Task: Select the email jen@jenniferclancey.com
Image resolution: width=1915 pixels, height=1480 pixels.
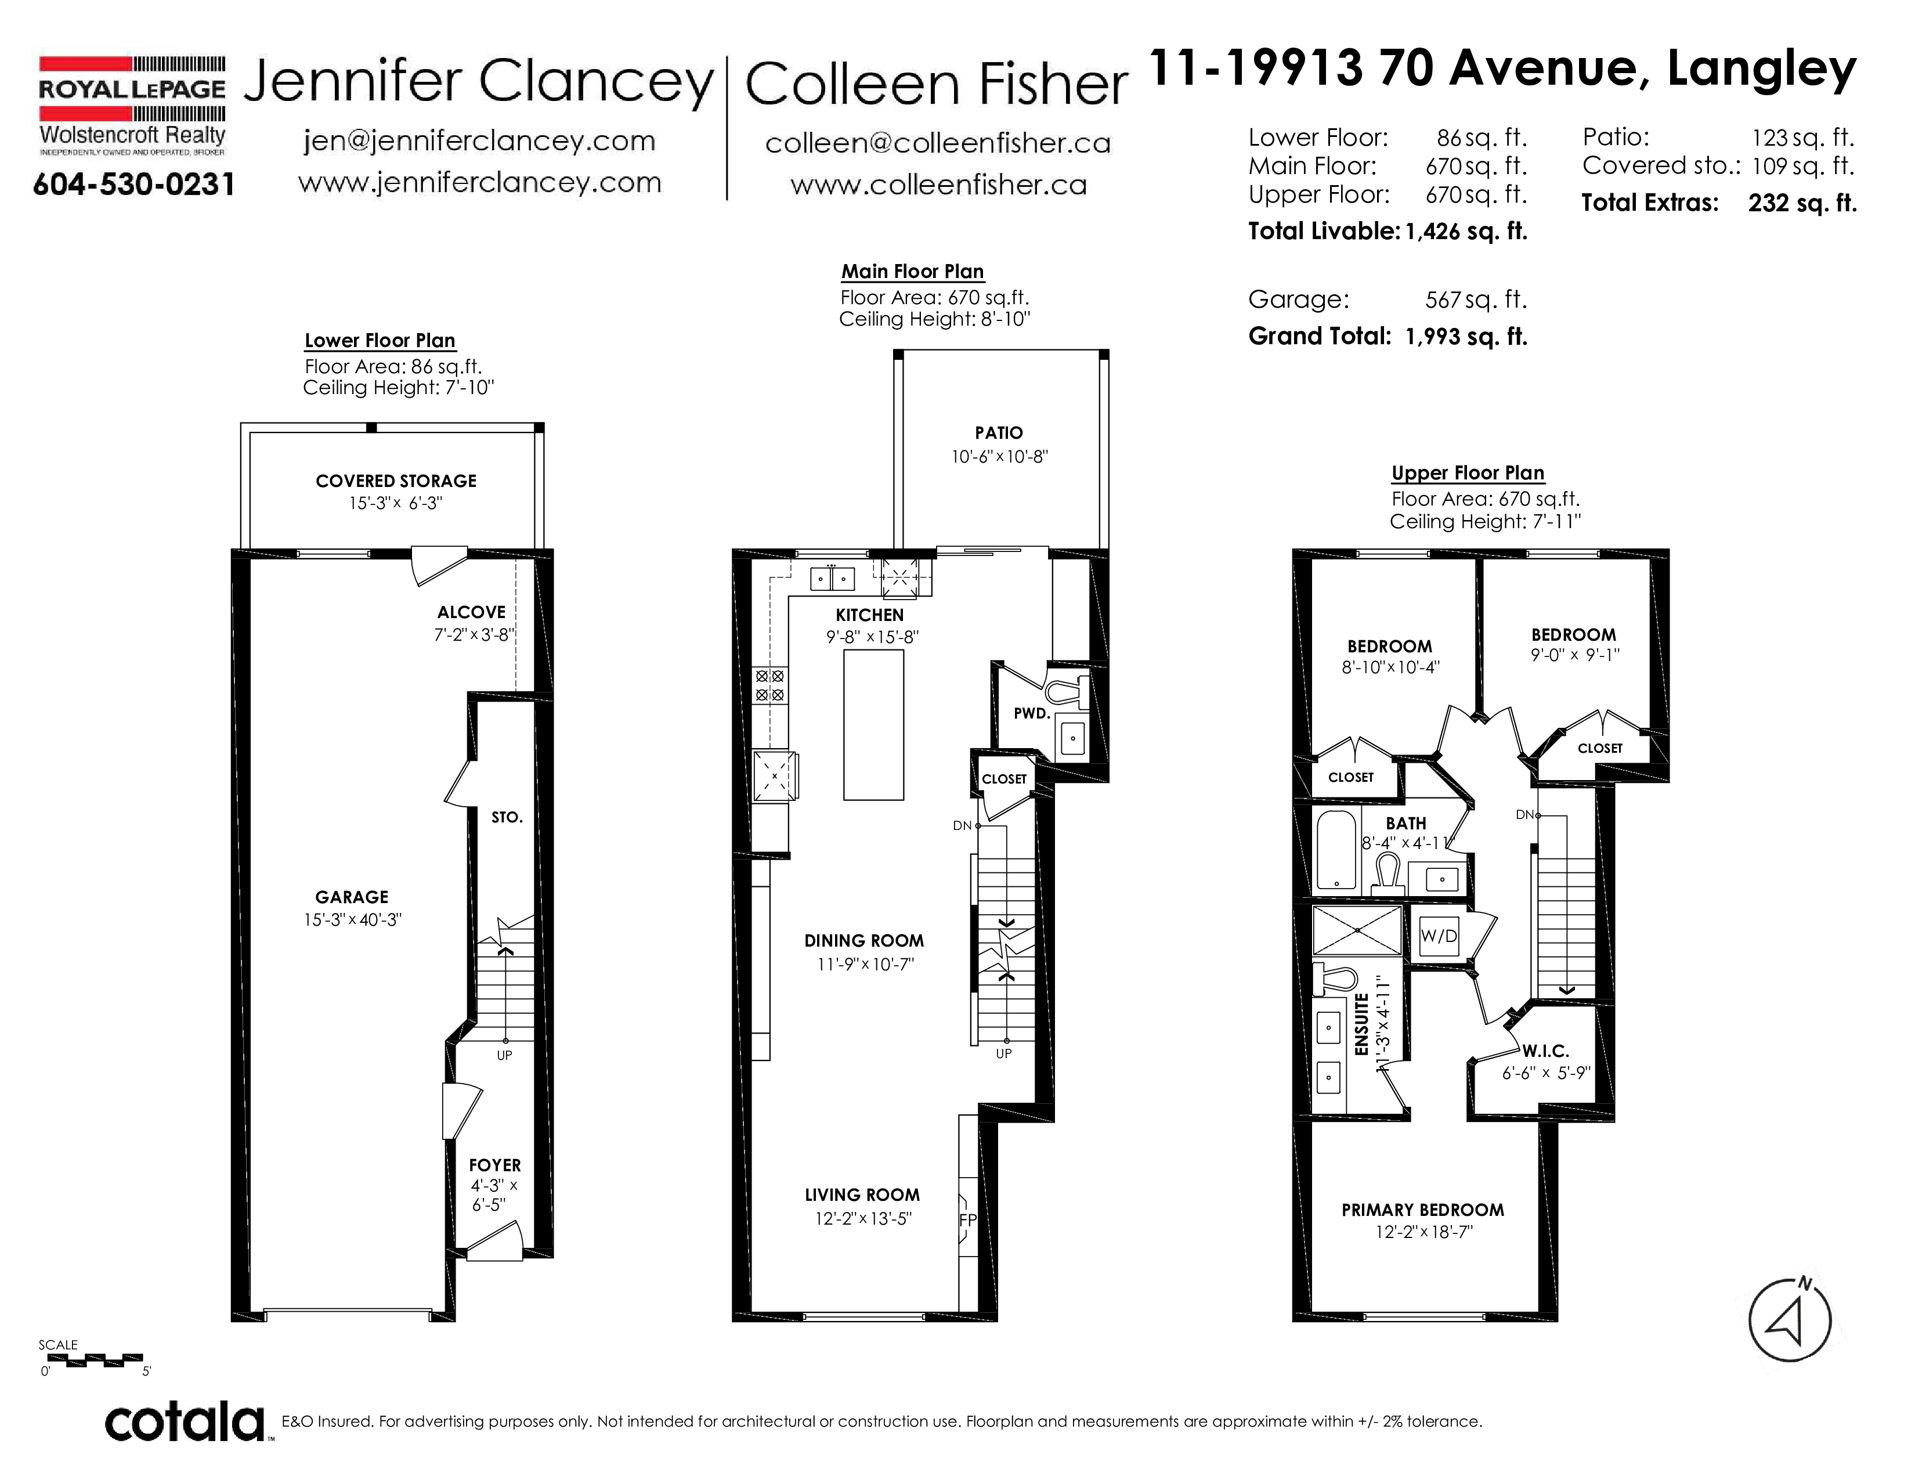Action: [479, 140]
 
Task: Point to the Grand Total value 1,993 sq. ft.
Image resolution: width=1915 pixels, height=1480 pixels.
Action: [1466, 337]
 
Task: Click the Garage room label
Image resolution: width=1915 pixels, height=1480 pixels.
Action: [352, 897]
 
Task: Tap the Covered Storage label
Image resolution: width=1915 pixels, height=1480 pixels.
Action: [396, 481]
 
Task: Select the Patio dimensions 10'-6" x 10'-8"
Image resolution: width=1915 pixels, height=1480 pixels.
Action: [1000, 456]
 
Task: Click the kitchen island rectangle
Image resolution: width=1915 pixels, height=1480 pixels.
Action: [873, 724]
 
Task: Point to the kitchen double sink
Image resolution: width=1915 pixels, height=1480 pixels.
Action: [831, 579]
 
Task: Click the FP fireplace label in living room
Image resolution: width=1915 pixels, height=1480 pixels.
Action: [968, 1219]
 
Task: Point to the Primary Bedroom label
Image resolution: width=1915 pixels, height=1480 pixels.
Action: [1423, 1210]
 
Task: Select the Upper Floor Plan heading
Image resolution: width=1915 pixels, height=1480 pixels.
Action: [1468, 474]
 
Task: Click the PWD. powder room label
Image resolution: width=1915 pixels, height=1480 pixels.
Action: [1032, 714]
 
